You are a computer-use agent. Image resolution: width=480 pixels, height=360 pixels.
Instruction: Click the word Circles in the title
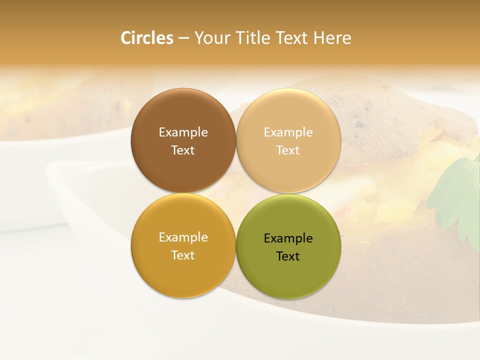click(147, 38)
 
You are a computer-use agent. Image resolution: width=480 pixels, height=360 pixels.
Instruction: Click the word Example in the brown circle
click(183, 132)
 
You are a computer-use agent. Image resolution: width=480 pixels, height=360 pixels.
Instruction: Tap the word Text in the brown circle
click(183, 150)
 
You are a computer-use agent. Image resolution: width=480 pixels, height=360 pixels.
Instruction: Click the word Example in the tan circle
click(288, 132)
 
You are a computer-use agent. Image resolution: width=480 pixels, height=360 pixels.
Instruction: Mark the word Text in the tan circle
click(288, 150)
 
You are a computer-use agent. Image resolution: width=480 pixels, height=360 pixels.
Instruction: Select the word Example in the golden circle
click(183, 237)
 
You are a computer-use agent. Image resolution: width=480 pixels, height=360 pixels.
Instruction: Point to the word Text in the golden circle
click(183, 255)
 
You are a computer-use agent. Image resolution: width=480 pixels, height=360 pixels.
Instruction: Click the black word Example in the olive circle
click(288, 238)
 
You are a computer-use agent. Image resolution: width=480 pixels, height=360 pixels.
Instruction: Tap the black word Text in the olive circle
click(288, 256)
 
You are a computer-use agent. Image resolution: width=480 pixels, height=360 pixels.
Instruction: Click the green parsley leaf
click(460, 195)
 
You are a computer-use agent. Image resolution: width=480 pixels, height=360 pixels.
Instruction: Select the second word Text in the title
click(291, 38)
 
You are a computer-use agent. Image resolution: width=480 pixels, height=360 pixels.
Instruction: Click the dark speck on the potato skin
click(359, 124)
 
